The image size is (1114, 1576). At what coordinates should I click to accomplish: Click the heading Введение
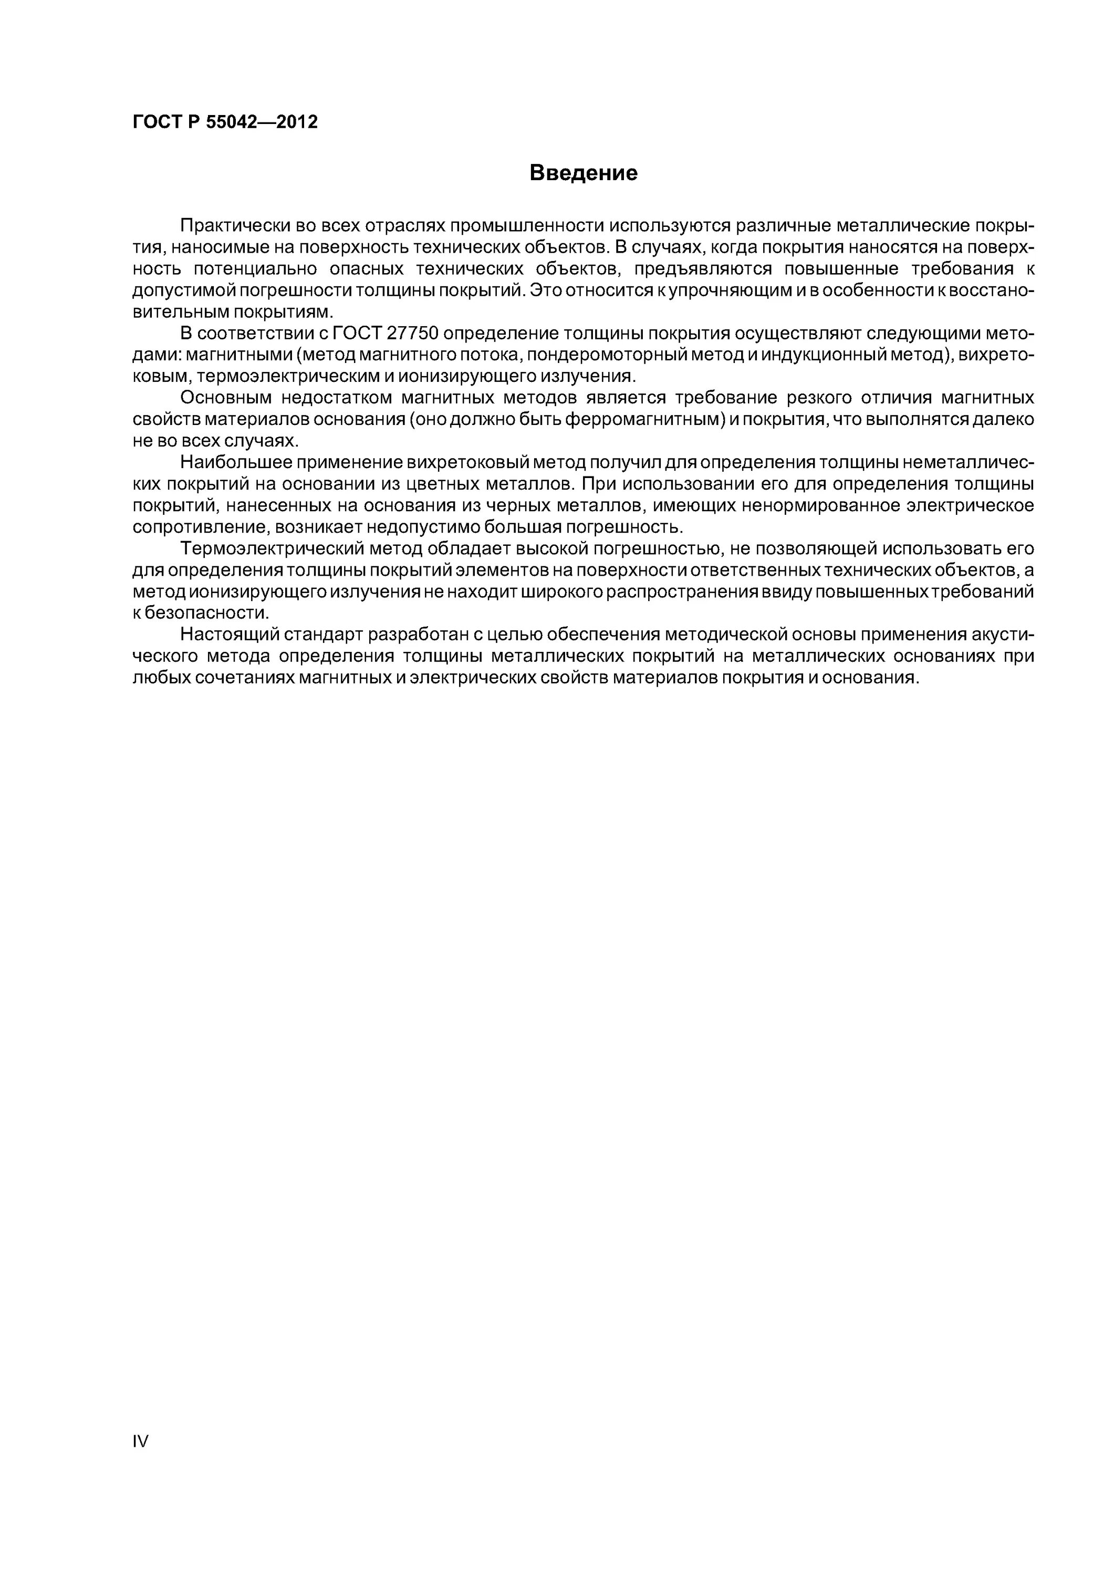tap(583, 173)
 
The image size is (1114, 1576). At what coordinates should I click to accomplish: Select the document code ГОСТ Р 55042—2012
tap(225, 122)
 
